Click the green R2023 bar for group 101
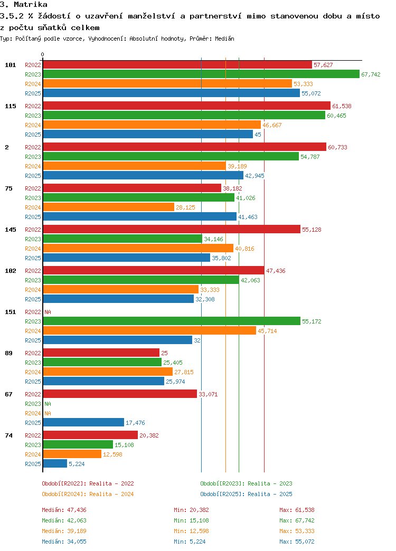coord(201,74)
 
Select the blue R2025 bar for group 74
coord(55,464)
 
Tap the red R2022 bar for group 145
coord(172,230)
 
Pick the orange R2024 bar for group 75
coord(109,207)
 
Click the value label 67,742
coord(371,74)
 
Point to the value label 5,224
coord(77,464)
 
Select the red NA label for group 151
coord(48,312)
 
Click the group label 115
coord(11,106)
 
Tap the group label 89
coord(9,353)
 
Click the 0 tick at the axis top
coord(43,54)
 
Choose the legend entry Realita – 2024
coord(88,494)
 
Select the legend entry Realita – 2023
coord(246,483)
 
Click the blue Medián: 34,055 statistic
coord(64,541)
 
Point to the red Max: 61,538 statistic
coord(297,510)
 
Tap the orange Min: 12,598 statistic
coord(191,531)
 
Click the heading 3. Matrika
coord(24,5)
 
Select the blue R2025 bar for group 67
coord(83,423)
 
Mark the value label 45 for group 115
coord(258,135)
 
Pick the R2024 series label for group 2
coord(33,166)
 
